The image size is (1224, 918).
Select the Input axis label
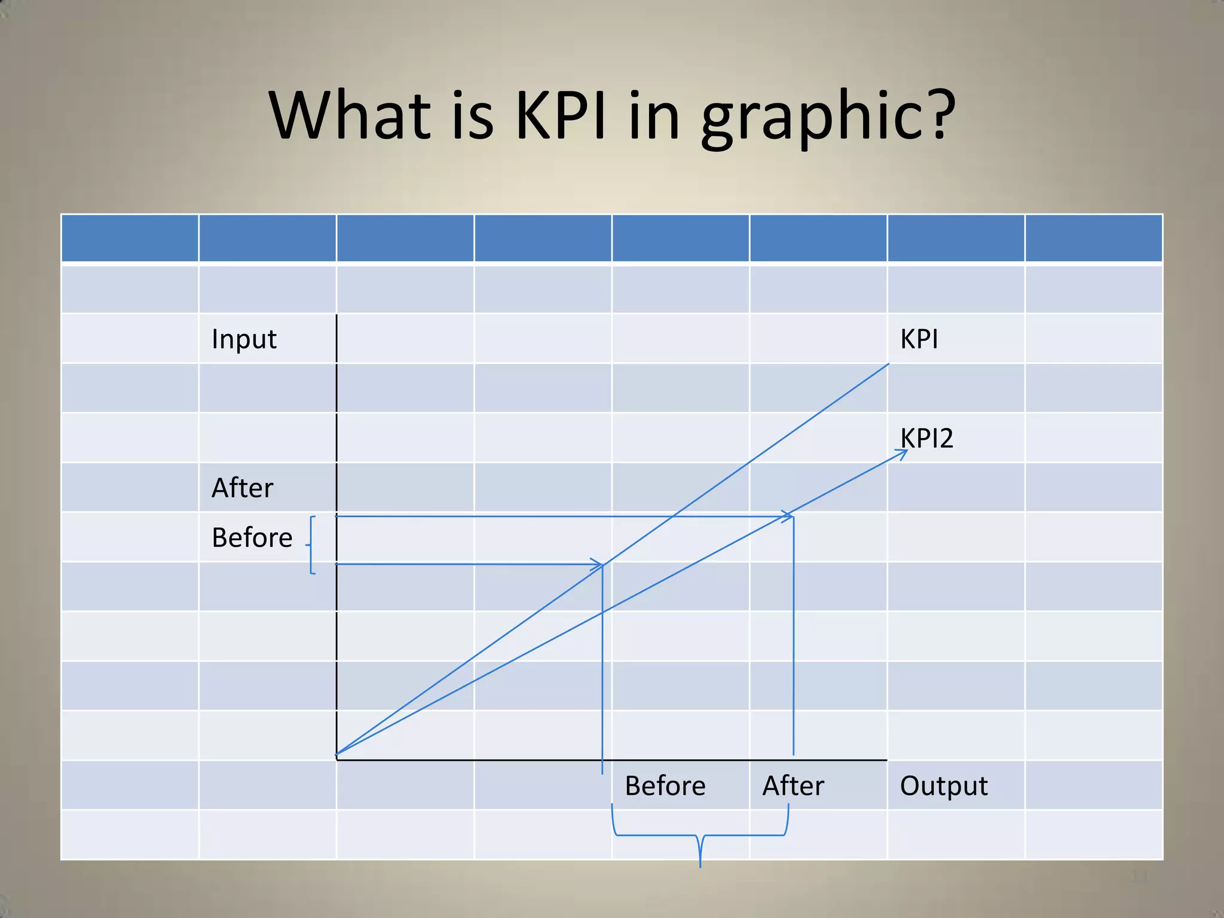tap(244, 339)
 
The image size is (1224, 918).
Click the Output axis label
tap(944, 786)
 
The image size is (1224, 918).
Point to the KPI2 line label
tap(926, 438)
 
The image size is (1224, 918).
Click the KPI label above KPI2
tap(919, 339)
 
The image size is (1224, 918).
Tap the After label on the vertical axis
tap(243, 488)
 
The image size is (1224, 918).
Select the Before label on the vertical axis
tap(252, 538)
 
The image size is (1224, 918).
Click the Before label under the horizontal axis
tap(665, 786)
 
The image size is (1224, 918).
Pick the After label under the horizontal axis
tap(793, 786)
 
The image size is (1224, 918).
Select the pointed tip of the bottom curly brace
tap(700, 864)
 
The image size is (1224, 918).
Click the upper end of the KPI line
tap(888, 364)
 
